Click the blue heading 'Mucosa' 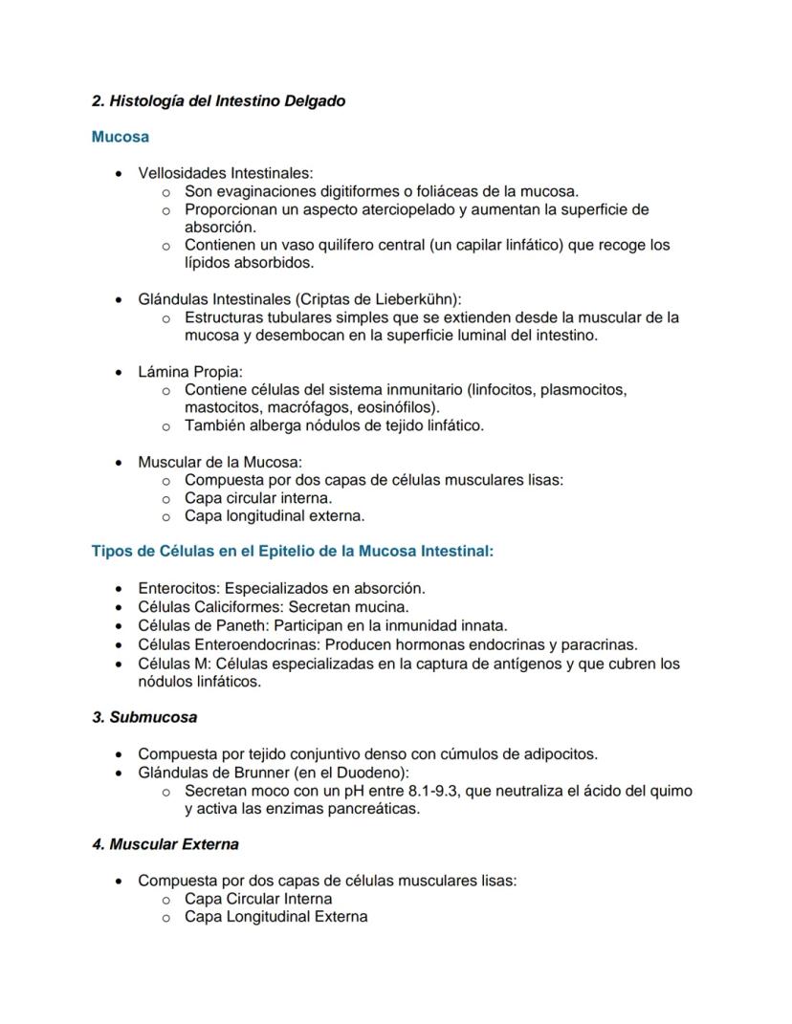point(120,137)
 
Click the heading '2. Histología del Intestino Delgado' point(218,100)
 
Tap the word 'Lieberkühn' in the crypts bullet point(418,299)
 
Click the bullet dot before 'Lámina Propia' point(118,372)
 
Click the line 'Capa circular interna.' point(258,498)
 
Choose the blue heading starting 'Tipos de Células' point(292,551)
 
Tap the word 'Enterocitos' point(178,588)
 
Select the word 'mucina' point(385,606)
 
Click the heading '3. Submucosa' point(143,717)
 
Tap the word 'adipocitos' point(560,753)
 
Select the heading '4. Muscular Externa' point(165,844)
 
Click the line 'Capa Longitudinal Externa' point(275,917)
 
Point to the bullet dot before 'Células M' point(118,664)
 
